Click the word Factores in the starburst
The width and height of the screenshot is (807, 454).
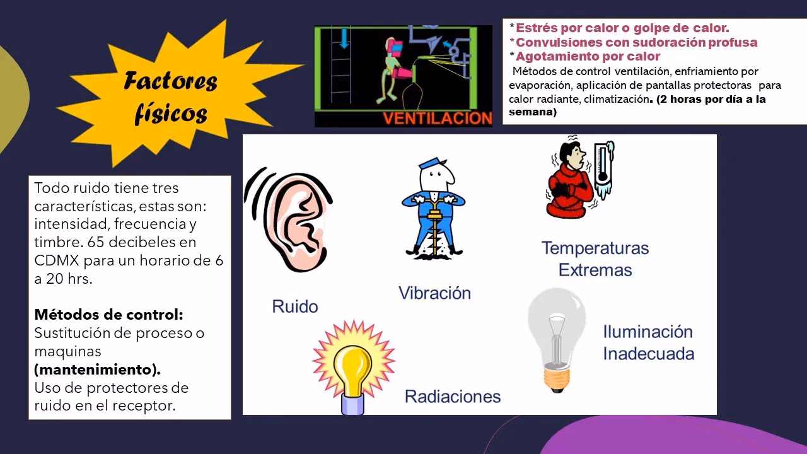tap(170, 82)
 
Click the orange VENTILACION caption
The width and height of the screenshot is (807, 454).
tap(438, 118)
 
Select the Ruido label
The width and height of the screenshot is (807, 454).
tap(294, 306)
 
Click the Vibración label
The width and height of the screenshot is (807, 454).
tap(434, 293)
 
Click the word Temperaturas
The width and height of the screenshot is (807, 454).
tap(595, 248)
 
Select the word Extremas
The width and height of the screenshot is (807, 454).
tap(595, 270)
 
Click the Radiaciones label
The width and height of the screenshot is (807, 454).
tap(452, 396)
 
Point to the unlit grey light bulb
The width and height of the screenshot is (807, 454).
tap(555, 337)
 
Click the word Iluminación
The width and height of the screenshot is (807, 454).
tap(647, 332)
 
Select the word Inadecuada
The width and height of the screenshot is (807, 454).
tap(648, 353)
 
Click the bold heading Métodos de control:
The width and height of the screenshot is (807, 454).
tap(108, 314)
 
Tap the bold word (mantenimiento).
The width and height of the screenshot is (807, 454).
tap(97, 369)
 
